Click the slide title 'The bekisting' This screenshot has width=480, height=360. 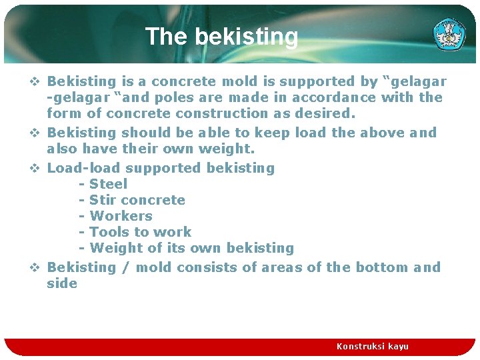tap(221, 37)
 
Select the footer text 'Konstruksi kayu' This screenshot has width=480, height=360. tap(372, 346)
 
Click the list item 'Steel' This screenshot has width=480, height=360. tap(108, 184)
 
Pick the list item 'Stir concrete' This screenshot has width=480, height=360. tap(137, 200)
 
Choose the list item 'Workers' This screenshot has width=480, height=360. tap(121, 216)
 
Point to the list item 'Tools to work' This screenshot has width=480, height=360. tap(140, 232)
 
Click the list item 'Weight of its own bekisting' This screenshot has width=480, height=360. tap(191, 248)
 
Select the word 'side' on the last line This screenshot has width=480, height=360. tap(62, 283)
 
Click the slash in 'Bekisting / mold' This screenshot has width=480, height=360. tap(127, 267)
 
